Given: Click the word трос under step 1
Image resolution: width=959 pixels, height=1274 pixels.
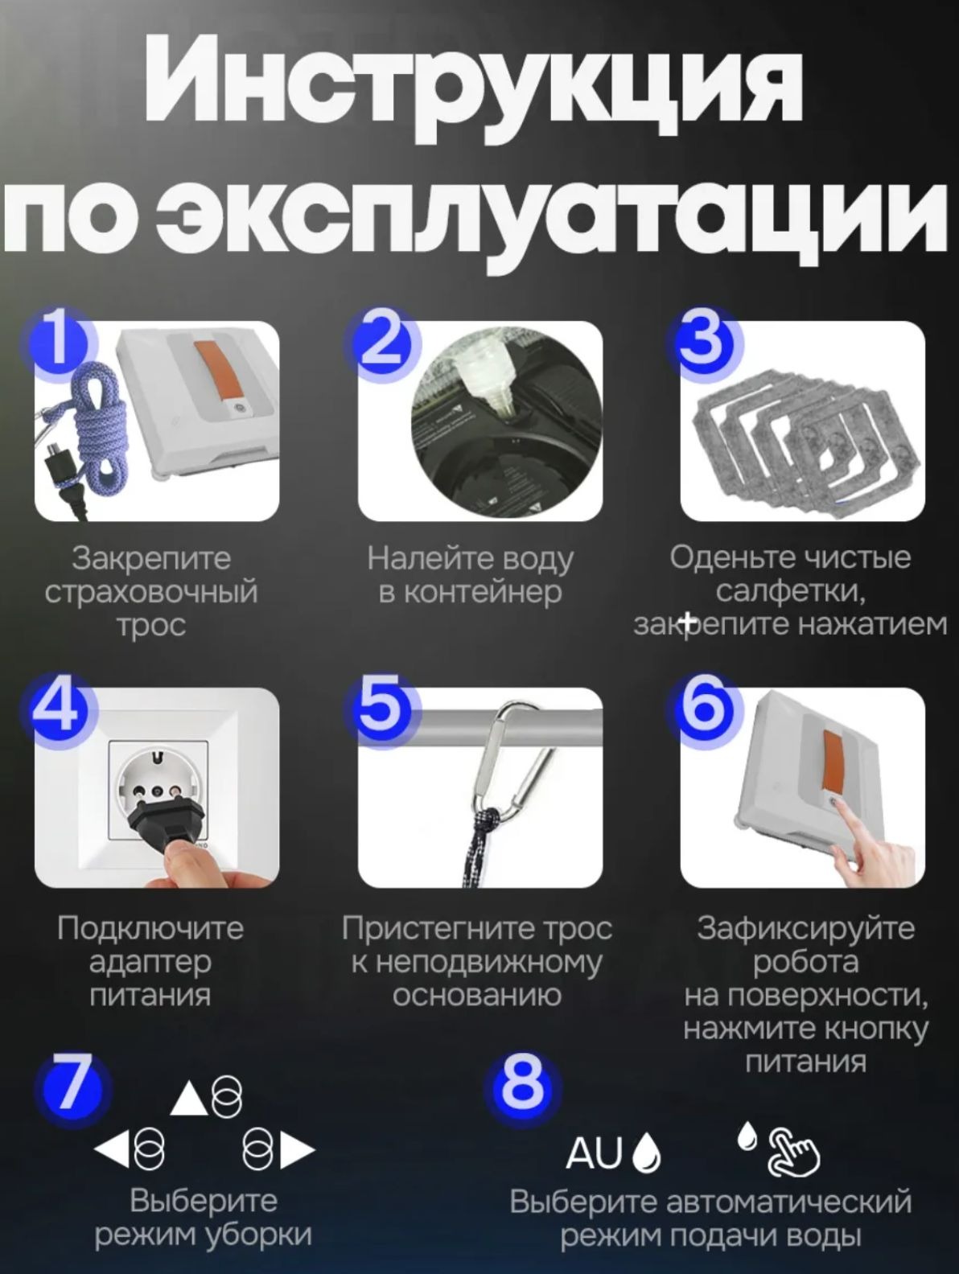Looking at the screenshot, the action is tap(152, 627).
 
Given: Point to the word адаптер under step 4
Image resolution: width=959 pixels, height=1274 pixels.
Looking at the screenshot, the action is tap(150, 964).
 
